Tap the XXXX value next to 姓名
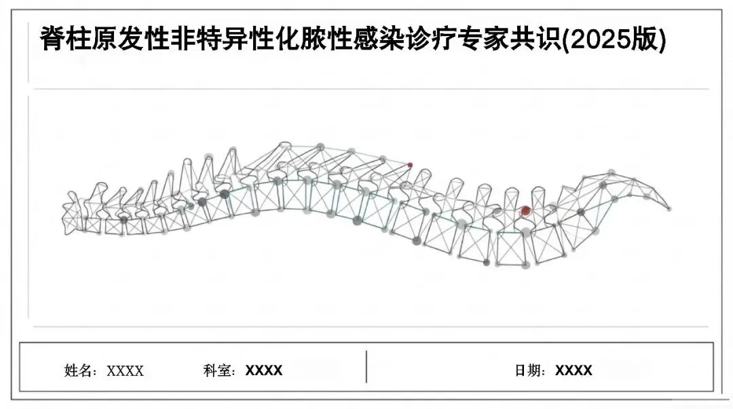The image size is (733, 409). point(126,371)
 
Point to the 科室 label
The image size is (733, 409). point(217,371)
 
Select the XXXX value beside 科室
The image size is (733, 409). point(264,371)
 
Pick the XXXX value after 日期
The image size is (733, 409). point(574,371)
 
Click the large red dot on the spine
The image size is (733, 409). point(525,211)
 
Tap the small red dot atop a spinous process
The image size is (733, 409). point(410,165)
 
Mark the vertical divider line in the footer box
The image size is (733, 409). point(366,367)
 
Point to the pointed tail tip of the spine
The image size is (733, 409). point(671,208)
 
